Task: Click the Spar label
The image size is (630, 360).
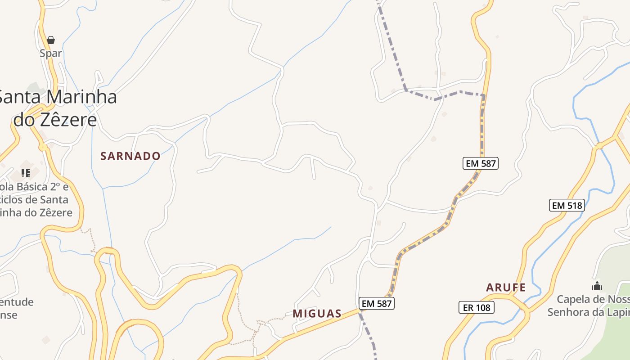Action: [50, 53]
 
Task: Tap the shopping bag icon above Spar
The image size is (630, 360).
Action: [51, 40]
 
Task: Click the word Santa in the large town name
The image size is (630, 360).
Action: [19, 97]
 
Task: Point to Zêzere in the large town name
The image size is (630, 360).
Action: [68, 120]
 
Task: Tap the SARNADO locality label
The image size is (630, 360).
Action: [130, 156]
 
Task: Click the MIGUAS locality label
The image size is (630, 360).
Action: [317, 314]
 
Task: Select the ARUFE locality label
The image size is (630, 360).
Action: [506, 288]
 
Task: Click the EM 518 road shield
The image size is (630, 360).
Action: [567, 206]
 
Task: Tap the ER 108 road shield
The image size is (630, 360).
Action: [476, 308]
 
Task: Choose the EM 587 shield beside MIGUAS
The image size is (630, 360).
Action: [377, 304]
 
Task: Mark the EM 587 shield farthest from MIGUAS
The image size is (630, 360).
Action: [481, 163]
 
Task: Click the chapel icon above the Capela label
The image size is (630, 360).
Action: [597, 286]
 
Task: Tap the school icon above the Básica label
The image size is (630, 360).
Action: [26, 173]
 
